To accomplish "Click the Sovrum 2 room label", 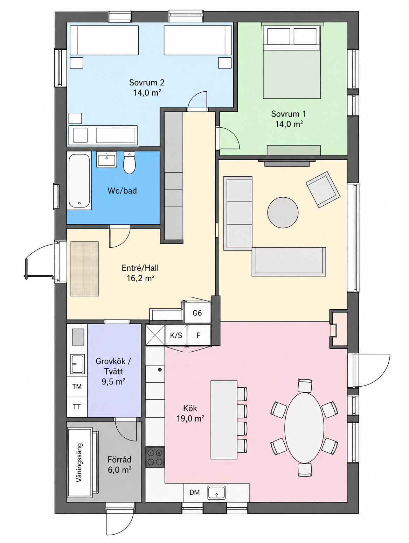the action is [147, 82].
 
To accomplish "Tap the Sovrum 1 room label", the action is [289, 114].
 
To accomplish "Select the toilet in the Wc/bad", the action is [129, 163].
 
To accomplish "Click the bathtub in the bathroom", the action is [79, 181].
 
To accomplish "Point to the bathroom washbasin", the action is [106, 160].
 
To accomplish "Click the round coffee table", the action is [283, 212].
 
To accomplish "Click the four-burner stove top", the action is [155, 457].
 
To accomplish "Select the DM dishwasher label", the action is [195, 492].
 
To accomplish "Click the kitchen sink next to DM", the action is [217, 492].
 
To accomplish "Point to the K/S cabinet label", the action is [176, 336].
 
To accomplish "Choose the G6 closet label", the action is [197, 313].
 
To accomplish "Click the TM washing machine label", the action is [77, 386].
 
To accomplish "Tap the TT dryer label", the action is [77, 407].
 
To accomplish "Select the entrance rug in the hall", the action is [85, 269].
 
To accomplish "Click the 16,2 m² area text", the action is [141, 278].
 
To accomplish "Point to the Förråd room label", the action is [119, 459].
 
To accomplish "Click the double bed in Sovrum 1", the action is [292, 62].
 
